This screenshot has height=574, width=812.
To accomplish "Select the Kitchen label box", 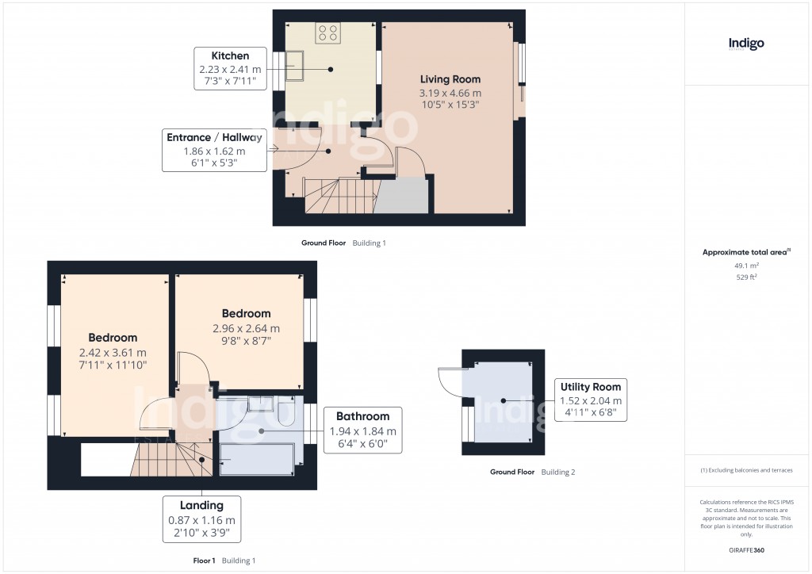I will (230, 69).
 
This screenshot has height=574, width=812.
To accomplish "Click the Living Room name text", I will (450, 79).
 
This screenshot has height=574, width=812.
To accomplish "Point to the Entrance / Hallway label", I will (214, 150).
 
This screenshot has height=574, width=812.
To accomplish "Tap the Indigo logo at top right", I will (746, 44).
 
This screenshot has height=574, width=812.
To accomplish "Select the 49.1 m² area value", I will (746, 266).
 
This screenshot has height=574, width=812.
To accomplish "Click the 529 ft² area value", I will (746, 277).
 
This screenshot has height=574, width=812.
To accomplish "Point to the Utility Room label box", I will (591, 400).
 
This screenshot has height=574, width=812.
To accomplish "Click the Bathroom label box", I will (362, 430).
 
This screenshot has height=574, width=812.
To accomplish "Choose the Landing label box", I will (201, 519).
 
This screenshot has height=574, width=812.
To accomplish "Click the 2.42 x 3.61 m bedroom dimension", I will (113, 352).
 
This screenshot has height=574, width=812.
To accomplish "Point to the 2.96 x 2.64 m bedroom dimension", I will (246, 328).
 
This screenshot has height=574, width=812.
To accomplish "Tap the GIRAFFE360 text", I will (746, 550).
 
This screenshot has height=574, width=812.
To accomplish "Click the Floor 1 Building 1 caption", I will (224, 561).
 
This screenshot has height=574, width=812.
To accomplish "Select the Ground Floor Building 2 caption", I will (532, 472).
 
